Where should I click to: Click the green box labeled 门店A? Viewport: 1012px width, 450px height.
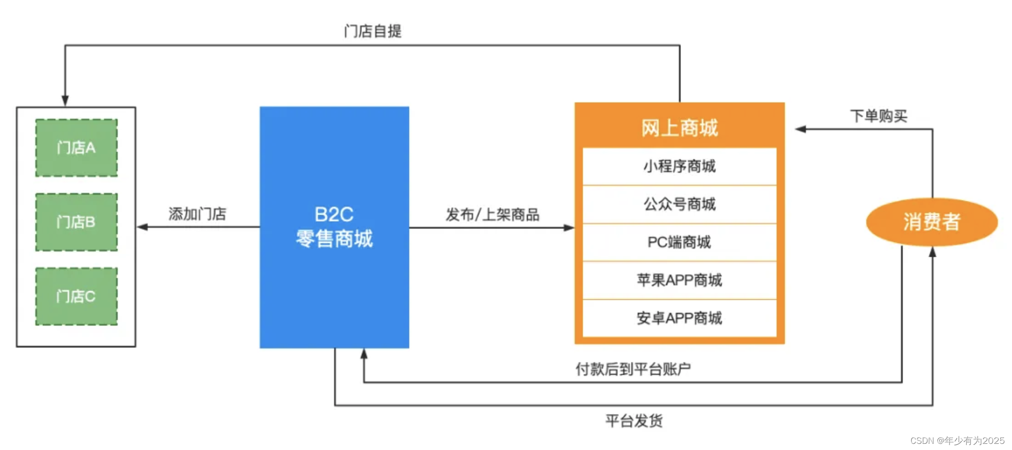[77, 148]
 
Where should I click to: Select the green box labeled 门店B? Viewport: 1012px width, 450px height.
[77, 222]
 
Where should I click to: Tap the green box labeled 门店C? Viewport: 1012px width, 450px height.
[77, 296]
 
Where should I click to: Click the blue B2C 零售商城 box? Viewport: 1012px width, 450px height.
[334, 227]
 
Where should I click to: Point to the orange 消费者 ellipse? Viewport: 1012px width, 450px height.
[932, 222]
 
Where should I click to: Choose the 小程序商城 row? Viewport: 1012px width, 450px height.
[679, 166]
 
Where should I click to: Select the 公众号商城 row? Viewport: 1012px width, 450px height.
[679, 204]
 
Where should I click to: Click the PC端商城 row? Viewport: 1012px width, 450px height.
[679, 242]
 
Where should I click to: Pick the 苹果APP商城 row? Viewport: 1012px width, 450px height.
[679, 280]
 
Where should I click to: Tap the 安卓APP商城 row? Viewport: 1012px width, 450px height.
[679, 318]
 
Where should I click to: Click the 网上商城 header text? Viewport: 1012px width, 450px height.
[679, 128]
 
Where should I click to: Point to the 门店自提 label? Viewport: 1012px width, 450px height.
[373, 31]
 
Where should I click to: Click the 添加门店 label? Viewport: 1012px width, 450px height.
[197, 214]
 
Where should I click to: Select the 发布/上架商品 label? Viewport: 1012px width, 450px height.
[492, 215]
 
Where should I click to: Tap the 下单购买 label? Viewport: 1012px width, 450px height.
[879, 116]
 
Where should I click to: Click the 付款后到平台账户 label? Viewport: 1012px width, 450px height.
[633, 369]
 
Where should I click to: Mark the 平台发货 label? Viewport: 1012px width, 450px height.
[634, 420]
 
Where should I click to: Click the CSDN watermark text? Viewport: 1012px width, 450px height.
[957, 441]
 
